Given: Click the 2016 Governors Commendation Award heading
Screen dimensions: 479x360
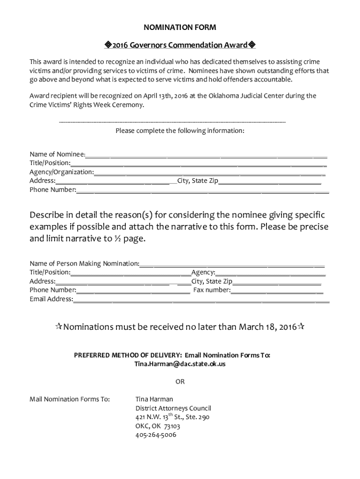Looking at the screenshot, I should pyautogui.click(x=180, y=45).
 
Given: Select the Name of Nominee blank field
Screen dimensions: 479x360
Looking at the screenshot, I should pyautogui.click(x=206, y=154).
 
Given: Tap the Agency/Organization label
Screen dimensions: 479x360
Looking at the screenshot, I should pyautogui.click(x=61, y=172).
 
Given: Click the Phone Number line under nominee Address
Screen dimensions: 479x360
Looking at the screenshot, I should pyautogui.click(x=202, y=190).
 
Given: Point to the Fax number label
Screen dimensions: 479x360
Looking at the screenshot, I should pyautogui.click(x=212, y=290).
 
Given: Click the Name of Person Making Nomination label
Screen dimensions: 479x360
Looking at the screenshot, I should pyautogui.click(x=84, y=263).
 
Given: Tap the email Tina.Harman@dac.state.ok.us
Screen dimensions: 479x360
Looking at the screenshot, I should pyautogui.click(x=180, y=363).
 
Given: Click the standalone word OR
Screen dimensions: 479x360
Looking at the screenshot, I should pyautogui.click(x=180, y=381).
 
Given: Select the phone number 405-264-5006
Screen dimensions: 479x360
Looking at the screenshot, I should pyautogui.click(x=156, y=435).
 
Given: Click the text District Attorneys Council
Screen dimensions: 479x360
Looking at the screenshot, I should pyautogui.click(x=173, y=408).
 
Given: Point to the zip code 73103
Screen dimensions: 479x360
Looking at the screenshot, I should pyautogui.click(x=172, y=426).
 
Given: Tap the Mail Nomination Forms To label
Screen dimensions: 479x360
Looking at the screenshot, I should pyautogui.click(x=70, y=399).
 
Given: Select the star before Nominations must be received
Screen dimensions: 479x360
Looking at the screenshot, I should pyautogui.click(x=59, y=327).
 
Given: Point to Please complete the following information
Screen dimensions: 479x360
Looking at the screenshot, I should pyautogui.click(x=180, y=131).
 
